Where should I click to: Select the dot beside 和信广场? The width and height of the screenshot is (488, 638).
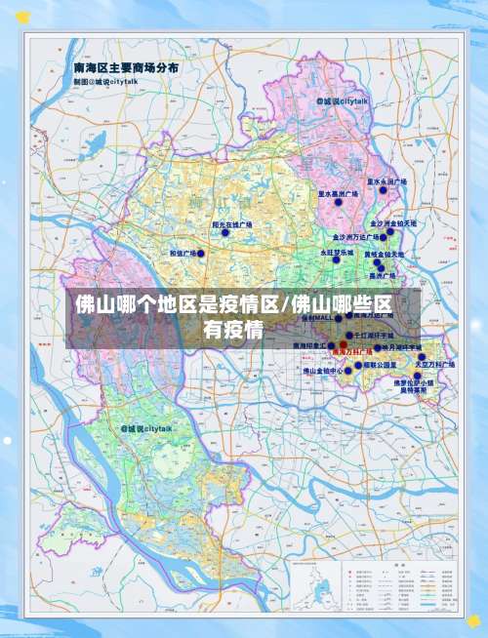tap(202, 254)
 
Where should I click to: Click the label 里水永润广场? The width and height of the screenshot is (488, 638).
tap(386, 181)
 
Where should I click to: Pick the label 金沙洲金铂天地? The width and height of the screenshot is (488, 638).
tap(393, 223)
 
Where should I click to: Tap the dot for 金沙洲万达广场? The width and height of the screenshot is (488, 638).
tap(384, 234)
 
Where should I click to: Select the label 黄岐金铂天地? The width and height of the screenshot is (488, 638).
tap(385, 255)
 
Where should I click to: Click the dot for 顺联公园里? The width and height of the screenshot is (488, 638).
tap(356, 364)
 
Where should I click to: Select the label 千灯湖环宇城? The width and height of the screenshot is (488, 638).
tap(399, 335)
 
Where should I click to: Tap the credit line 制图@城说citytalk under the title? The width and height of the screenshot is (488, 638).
tap(105, 82)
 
